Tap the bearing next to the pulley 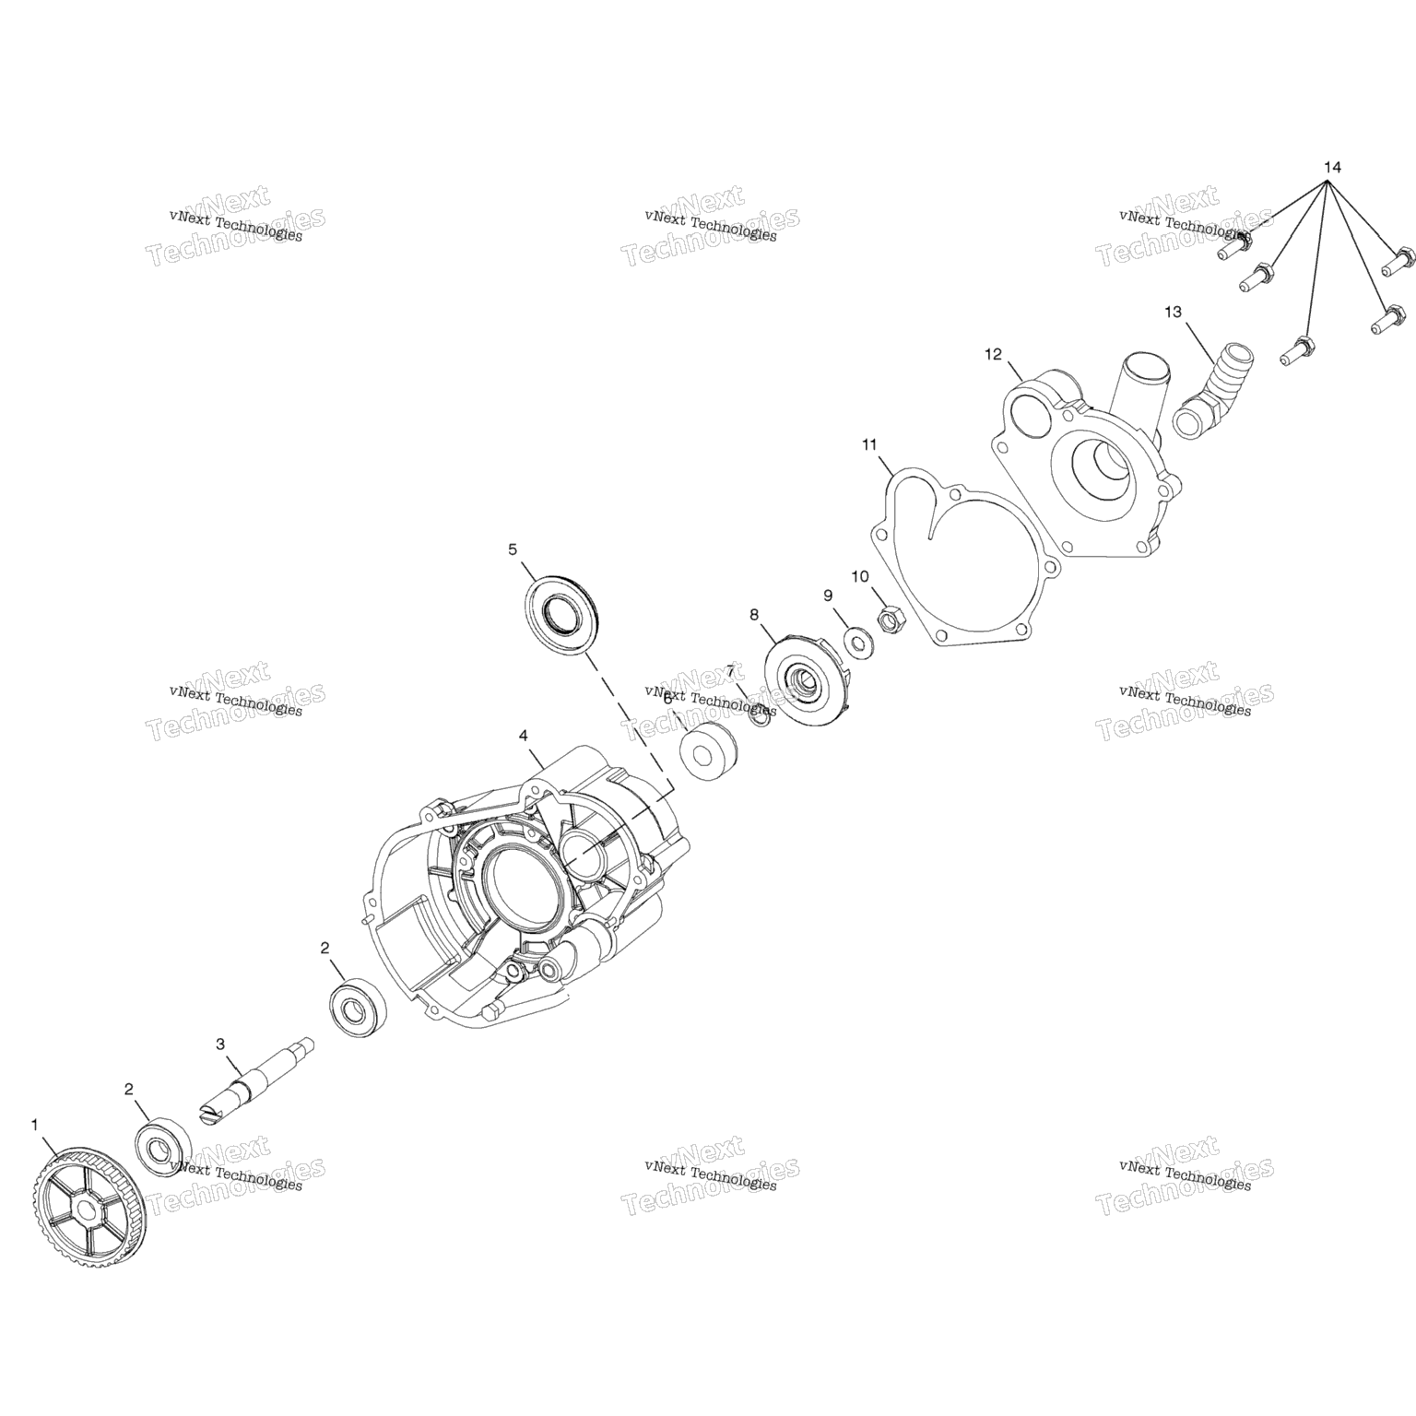coord(163,1147)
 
